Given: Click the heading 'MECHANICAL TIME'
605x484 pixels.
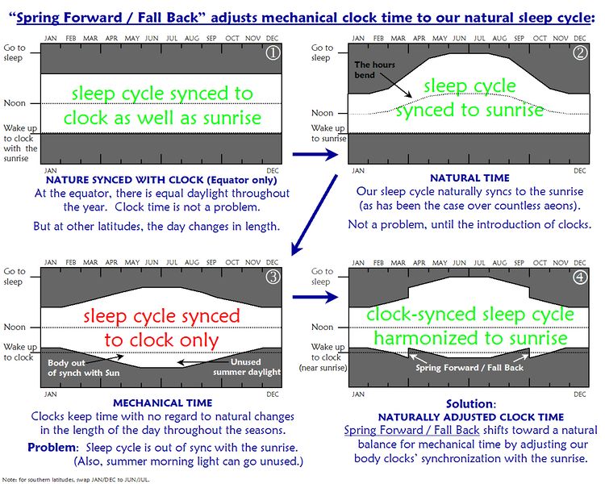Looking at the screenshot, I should coord(163,402).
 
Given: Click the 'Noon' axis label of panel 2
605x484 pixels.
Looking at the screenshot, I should coord(323,113).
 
